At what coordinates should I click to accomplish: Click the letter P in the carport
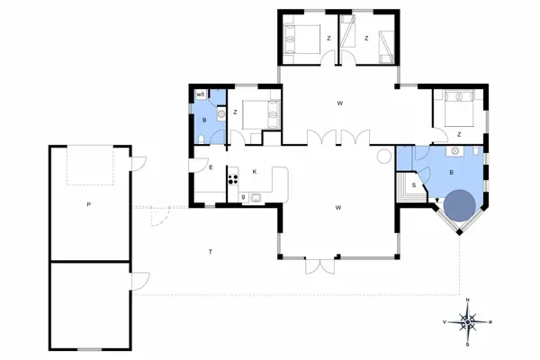(x=88, y=205)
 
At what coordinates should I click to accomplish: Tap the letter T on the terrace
(x=210, y=249)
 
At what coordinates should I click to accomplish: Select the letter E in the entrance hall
(x=210, y=167)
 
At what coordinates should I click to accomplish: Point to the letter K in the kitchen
(x=255, y=170)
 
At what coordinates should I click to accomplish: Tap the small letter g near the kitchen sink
(x=243, y=196)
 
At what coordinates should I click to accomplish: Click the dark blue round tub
(x=458, y=206)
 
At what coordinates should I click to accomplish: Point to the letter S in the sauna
(x=413, y=185)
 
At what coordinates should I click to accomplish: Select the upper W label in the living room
(x=339, y=103)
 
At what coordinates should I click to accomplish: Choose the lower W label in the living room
(x=338, y=208)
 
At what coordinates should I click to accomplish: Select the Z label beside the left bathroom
(x=234, y=112)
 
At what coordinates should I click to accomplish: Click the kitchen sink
(x=256, y=195)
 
